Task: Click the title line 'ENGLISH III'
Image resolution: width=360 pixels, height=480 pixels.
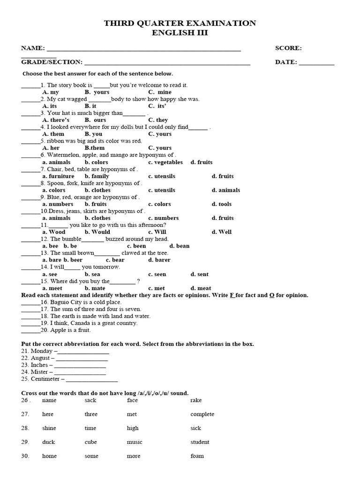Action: point(180,33)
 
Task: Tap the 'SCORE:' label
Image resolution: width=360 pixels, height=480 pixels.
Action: point(288,48)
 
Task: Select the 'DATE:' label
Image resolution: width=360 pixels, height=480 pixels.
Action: point(286,62)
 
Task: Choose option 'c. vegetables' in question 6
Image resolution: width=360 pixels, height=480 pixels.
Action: point(165,162)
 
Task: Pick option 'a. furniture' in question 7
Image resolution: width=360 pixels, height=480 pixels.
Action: point(59,176)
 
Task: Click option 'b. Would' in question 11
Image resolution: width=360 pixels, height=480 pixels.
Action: point(97,232)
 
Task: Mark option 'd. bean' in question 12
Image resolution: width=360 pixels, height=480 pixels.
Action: point(180,246)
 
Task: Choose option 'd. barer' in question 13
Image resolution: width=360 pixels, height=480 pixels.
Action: point(159,260)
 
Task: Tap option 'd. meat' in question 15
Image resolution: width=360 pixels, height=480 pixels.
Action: point(201,288)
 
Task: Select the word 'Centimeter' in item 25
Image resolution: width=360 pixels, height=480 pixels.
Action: point(45,379)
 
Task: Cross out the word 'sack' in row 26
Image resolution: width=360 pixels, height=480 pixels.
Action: point(90,400)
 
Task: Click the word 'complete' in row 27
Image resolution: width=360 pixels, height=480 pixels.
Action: point(202,414)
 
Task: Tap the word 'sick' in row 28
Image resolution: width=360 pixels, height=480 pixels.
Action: point(195,428)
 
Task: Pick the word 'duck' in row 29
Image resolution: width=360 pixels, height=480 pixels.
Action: point(48,442)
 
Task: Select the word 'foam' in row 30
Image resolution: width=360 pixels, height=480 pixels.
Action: point(197,456)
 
